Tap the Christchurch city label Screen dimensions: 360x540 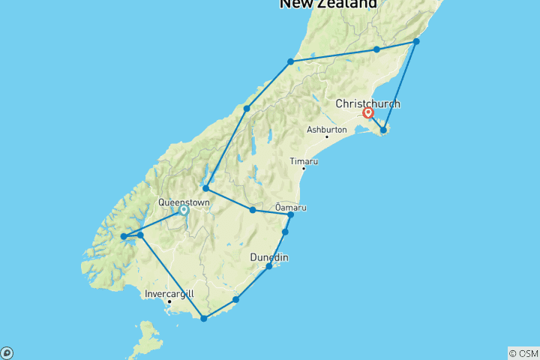[x=368, y=103]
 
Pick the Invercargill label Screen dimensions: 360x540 [x=169, y=293]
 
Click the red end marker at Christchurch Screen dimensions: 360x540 [x=368, y=114]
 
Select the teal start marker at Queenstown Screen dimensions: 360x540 [x=183, y=211]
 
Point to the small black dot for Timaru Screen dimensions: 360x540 [x=303, y=169]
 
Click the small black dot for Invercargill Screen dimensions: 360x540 [x=169, y=301]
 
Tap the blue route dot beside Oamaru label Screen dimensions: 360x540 [x=291, y=215]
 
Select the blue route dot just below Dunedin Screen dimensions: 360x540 [x=269, y=266]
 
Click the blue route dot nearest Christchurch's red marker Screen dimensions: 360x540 [x=383, y=130]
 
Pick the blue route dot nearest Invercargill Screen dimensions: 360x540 [x=204, y=319]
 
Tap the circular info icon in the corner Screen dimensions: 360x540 [x=7, y=352]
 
